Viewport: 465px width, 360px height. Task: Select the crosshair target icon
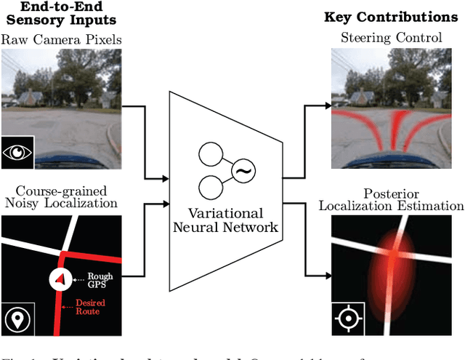coord(348,319)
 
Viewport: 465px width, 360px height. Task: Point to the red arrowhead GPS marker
coord(60,279)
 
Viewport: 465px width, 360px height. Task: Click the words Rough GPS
coord(100,280)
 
